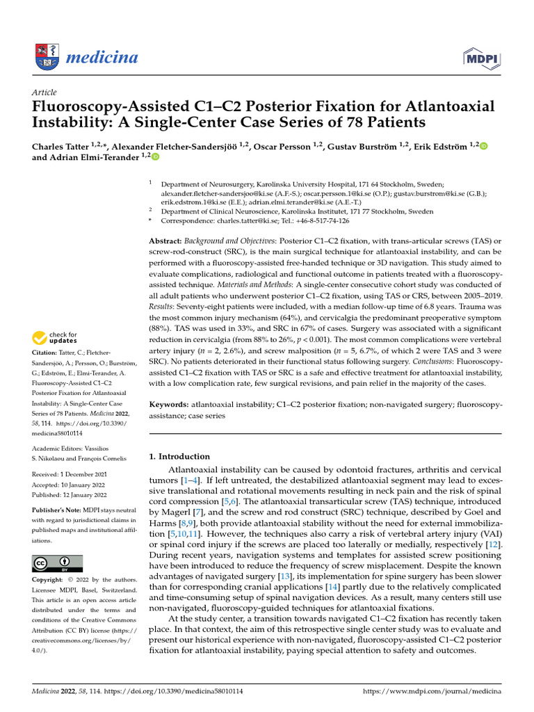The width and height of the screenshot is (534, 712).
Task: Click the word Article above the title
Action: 44,92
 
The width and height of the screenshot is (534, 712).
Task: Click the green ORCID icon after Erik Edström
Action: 484,146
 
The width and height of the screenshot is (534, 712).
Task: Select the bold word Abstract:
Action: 167,240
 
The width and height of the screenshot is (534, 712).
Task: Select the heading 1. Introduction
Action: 180,457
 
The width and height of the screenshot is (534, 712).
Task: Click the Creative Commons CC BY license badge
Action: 57,564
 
